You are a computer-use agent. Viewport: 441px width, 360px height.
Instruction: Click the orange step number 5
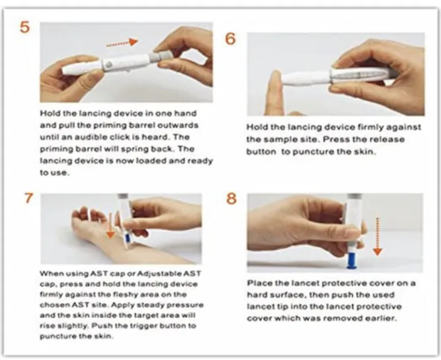pos(25,29)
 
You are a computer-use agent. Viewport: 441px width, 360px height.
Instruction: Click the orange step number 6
pos(230,38)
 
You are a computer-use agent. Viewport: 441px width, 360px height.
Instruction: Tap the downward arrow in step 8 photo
pos(377,239)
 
